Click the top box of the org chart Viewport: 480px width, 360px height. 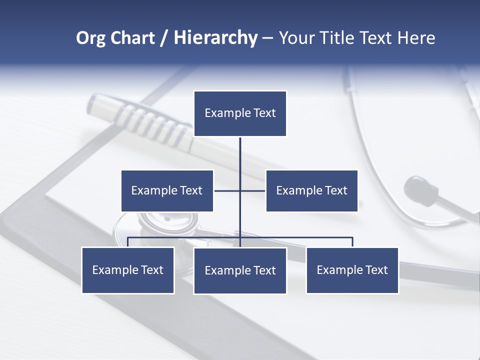click(240, 113)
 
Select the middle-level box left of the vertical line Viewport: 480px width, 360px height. click(167, 190)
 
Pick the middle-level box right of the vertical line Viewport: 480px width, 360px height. click(311, 190)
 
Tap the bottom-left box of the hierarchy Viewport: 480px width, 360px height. click(128, 270)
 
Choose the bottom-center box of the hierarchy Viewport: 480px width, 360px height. click(240, 270)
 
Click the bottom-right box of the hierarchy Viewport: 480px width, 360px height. click(352, 270)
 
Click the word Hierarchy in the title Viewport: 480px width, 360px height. click(215, 38)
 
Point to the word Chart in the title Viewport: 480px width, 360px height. click(132, 38)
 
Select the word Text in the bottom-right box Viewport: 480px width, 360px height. click(376, 270)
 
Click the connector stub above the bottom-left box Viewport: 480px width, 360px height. click(128, 242)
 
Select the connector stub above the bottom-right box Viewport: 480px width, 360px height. click(352, 242)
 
